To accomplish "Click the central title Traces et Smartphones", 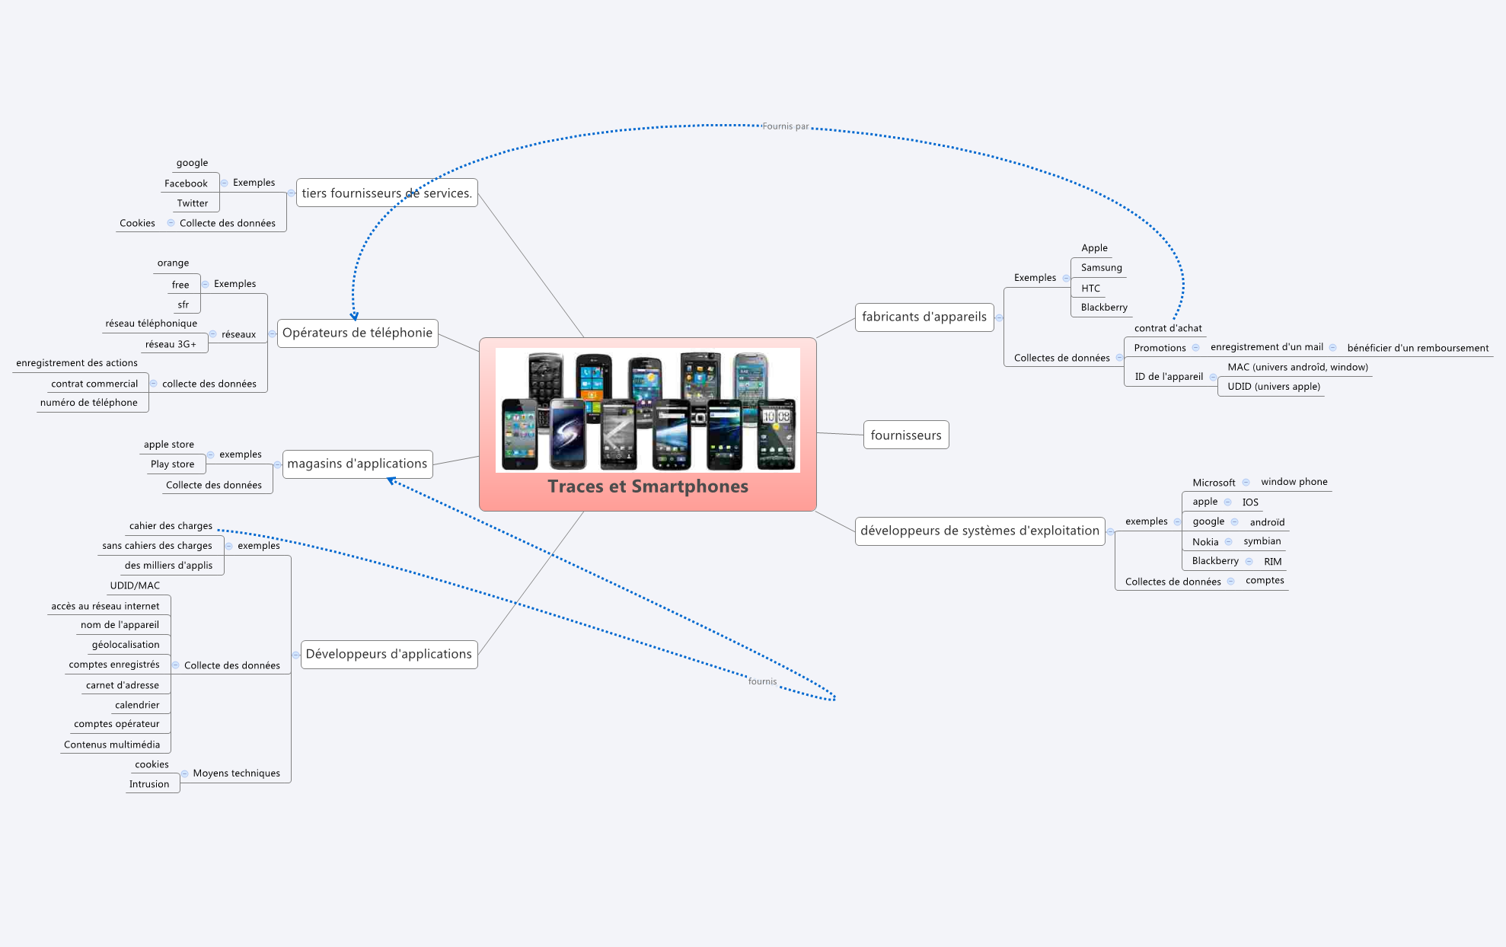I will tap(647, 486).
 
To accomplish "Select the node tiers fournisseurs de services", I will tap(387, 193).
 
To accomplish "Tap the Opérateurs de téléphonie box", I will tap(357, 333).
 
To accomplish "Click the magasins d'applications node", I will tap(357, 464).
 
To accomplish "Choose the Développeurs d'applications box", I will tap(388, 654).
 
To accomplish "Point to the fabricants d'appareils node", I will tap(924, 317).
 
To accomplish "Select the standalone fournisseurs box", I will tap(905, 435).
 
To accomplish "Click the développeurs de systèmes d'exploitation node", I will tap(979, 531).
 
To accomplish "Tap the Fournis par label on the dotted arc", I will tap(785, 126).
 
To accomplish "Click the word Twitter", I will tap(192, 203).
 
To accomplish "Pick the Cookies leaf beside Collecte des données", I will tap(137, 223).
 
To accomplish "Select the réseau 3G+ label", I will tap(171, 344).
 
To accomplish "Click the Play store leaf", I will tap(172, 464).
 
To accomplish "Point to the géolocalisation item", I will tap(126, 645).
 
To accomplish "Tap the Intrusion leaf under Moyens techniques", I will tap(149, 784).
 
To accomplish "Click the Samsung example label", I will tap(1101, 268).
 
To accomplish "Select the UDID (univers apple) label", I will tap(1273, 387).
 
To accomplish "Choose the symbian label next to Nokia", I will tap(1262, 541).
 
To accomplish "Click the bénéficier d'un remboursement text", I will tap(1417, 348).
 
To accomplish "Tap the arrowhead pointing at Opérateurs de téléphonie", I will tap(354, 316).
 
